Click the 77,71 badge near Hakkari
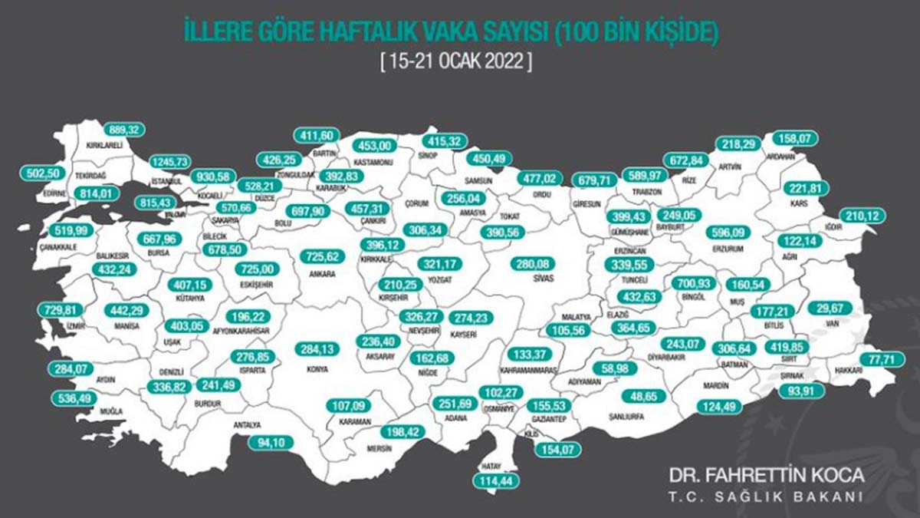click(x=876, y=358)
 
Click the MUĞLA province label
click(x=112, y=412)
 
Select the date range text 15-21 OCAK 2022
click(x=455, y=61)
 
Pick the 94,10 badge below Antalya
click(x=272, y=442)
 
